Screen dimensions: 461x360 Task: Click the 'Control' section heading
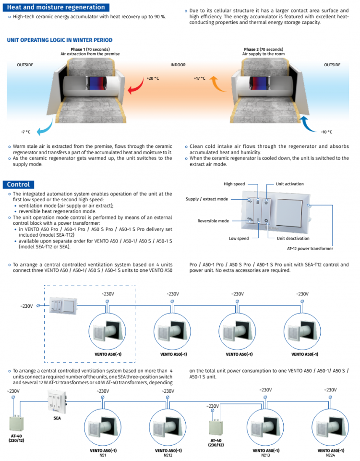point(19,184)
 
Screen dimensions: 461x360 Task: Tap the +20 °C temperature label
point(152,78)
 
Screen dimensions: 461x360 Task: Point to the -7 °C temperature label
point(25,132)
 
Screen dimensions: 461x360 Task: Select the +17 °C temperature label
point(199,78)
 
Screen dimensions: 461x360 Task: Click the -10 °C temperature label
point(326,132)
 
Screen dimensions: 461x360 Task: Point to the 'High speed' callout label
point(234,184)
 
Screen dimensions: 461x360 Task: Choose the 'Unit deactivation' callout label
point(293,238)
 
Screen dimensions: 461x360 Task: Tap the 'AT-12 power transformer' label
point(307,249)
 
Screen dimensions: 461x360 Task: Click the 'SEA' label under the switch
point(57,418)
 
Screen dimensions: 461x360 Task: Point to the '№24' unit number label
point(330,455)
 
